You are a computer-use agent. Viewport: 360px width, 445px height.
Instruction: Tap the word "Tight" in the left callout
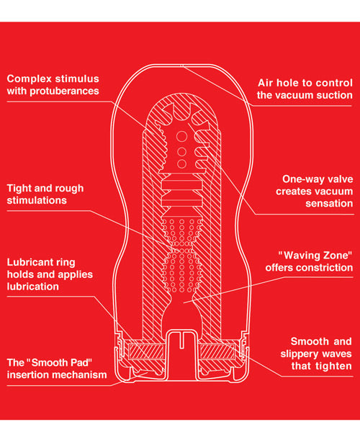point(20,188)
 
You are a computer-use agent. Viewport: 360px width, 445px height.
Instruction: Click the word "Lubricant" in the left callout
point(31,262)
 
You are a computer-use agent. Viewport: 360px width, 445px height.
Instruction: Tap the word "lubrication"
point(33,287)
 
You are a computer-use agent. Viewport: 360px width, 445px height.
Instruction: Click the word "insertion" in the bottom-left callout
point(30,374)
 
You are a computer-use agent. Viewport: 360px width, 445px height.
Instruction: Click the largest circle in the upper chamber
point(180,136)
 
